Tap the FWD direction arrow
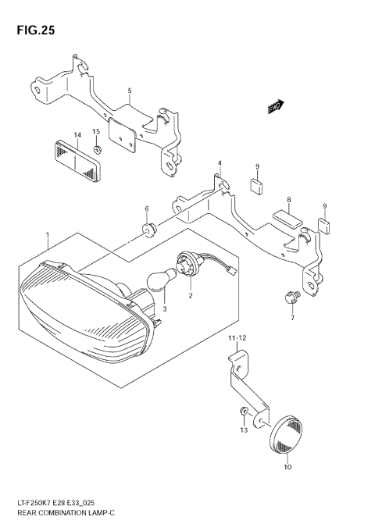tap(274, 107)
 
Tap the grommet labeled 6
tap(148, 229)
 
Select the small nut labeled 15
tap(96, 149)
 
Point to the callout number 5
tap(130, 91)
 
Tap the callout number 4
tap(220, 164)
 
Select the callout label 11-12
tap(236, 338)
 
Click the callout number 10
tap(286, 468)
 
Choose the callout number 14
tap(77, 135)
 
